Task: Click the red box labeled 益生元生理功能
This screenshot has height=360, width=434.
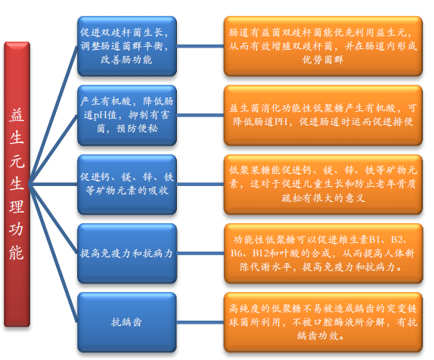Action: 17,184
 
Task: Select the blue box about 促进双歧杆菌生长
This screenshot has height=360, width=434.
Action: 127,46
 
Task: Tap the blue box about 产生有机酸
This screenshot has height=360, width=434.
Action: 127,115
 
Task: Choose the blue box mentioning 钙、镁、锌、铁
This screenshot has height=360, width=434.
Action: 127,184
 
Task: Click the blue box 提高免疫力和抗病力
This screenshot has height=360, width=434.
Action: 127,253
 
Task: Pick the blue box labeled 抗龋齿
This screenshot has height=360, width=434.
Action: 127,322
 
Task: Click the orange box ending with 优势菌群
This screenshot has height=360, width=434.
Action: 323,46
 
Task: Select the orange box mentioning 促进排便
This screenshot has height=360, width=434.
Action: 323,115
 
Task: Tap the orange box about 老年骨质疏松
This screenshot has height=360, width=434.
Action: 323,184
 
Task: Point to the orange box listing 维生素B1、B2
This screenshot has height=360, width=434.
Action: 323,253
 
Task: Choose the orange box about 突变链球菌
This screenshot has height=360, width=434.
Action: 323,322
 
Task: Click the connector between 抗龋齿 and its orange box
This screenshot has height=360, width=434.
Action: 200,322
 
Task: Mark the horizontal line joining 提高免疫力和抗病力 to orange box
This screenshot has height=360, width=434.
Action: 200,253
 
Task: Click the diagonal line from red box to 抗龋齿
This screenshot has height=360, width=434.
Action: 53,253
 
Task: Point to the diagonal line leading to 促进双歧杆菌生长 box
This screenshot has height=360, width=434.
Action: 53,115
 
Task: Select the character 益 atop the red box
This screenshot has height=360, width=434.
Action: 17,115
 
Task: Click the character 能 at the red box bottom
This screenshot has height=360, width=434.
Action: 17,253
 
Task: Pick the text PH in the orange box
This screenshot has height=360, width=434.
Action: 281,122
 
